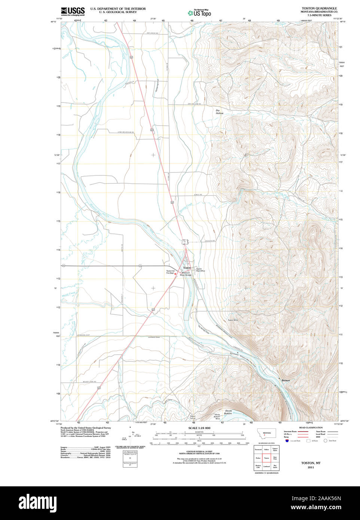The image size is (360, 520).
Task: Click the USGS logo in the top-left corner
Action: pyautogui.click(x=73, y=11)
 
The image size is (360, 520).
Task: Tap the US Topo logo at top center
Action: pyautogui.click(x=199, y=13)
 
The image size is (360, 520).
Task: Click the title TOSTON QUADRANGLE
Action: pyautogui.click(x=319, y=8)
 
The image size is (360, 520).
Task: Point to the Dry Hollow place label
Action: pyautogui.click(x=219, y=111)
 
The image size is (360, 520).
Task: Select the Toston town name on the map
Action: pyautogui.click(x=187, y=268)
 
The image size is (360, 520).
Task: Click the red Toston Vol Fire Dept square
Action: pyautogui.click(x=175, y=273)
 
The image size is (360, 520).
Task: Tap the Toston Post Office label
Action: pyautogui.click(x=201, y=270)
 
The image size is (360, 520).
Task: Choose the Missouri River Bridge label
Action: pyautogui.click(x=186, y=274)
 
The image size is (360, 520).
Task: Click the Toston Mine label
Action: pyautogui.click(x=233, y=320)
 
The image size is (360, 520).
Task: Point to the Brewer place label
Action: pyautogui.click(x=286, y=380)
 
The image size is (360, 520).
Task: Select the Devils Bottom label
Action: pyautogui.click(x=228, y=412)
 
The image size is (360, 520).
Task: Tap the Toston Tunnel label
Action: pyautogui.click(x=192, y=417)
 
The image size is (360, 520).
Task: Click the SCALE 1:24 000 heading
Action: pyautogui.click(x=199, y=428)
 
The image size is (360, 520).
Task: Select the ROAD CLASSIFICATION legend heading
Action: pyautogui.click(x=311, y=428)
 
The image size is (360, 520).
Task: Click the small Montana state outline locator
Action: pyautogui.click(x=266, y=433)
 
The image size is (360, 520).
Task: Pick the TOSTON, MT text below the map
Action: pyautogui.click(x=311, y=463)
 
